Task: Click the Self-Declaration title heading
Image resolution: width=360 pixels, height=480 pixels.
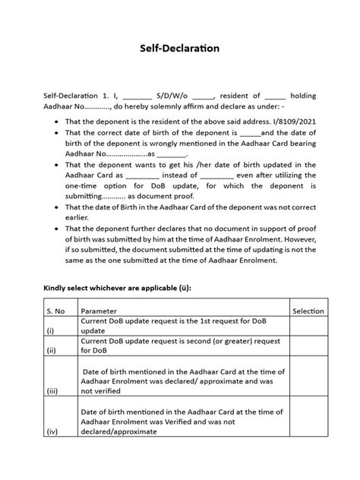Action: click(179, 48)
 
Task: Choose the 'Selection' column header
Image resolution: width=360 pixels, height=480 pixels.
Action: click(308, 311)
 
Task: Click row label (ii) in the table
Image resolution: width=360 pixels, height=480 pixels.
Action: click(51, 352)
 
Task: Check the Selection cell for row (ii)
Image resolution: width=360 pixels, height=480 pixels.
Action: click(308, 347)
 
